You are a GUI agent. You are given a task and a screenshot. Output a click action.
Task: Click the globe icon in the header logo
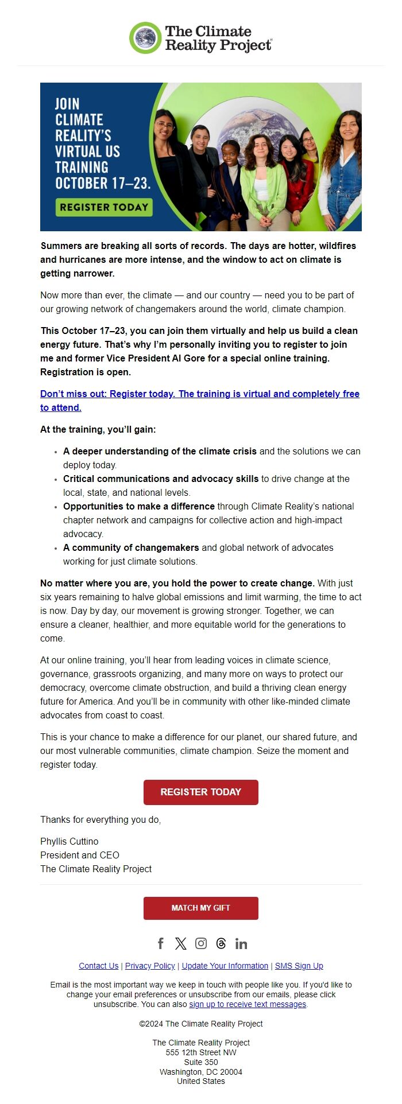(145, 38)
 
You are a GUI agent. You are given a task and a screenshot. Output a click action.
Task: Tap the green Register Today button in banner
(104, 207)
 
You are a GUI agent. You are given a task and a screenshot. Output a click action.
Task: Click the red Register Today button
(200, 792)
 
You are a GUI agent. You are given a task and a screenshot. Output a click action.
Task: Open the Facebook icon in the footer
(161, 943)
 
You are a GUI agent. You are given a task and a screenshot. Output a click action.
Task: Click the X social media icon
(181, 943)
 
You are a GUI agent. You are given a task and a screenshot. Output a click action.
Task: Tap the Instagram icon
(201, 943)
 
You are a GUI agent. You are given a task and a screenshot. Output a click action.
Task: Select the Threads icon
(221, 943)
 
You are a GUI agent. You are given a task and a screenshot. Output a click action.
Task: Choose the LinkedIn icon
(241, 943)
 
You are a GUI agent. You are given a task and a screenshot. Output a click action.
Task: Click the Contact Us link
(99, 966)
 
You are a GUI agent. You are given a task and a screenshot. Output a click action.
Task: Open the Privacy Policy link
(150, 966)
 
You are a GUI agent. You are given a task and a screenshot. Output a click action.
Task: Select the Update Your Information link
(225, 966)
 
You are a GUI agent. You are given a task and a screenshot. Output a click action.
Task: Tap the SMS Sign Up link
(299, 966)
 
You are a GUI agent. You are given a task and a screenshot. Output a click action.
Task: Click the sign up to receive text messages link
(248, 1004)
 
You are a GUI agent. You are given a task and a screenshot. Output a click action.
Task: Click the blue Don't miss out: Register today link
(199, 394)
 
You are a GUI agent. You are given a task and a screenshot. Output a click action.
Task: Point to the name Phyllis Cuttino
(69, 841)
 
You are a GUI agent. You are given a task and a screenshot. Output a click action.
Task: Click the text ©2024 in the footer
(152, 1024)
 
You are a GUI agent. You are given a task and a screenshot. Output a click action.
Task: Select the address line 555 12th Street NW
(201, 1052)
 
